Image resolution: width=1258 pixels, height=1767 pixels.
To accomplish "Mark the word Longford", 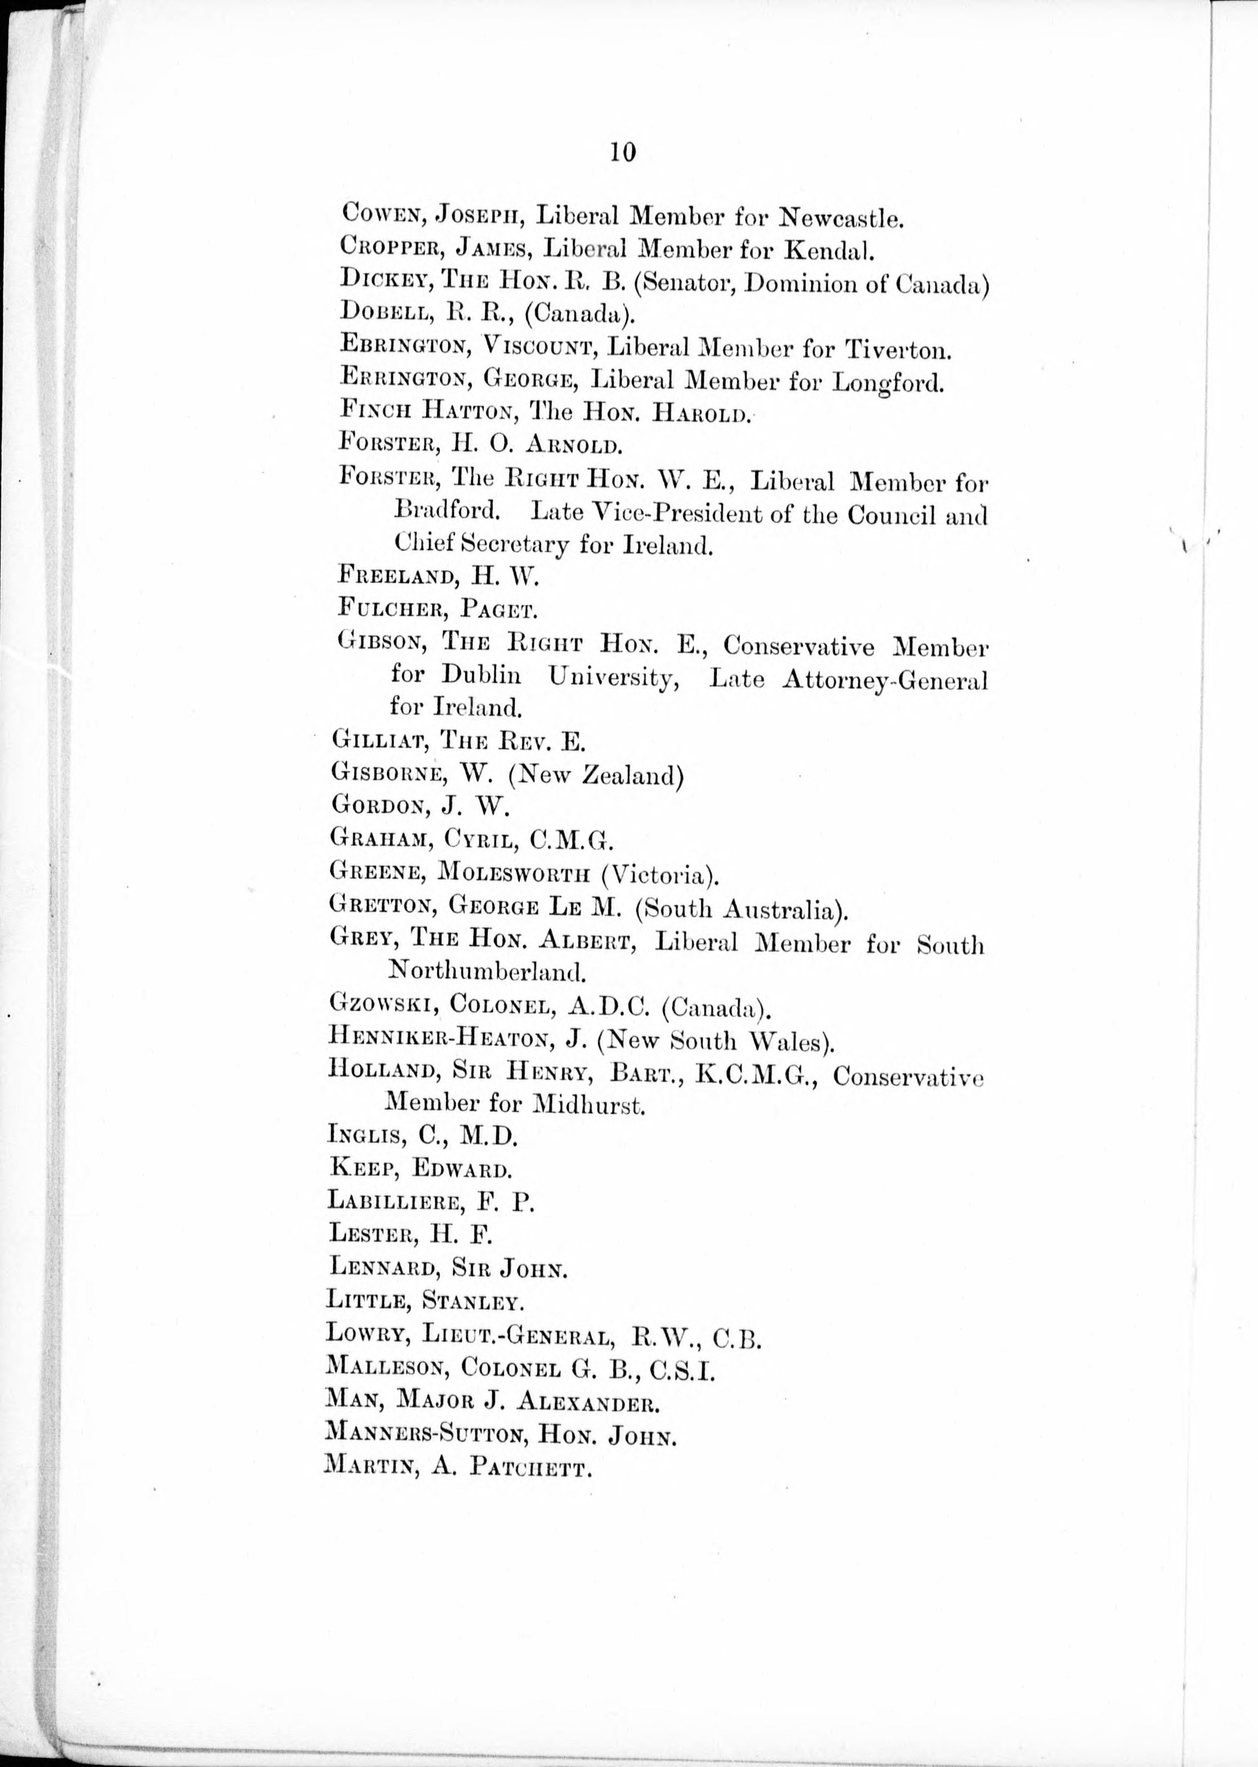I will click(888, 383).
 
